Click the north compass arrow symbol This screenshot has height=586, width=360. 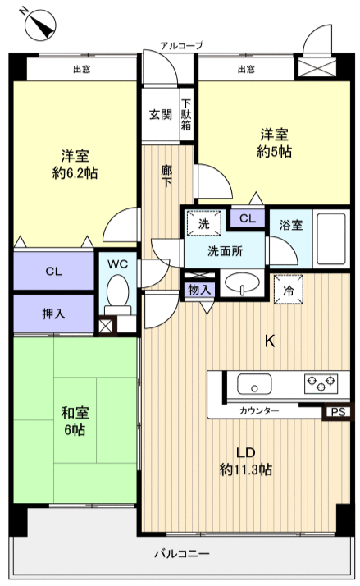click(x=36, y=24)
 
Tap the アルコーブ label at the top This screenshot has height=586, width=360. click(x=181, y=46)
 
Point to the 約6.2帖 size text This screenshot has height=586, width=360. click(x=73, y=172)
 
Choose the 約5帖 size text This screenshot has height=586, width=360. click(x=276, y=152)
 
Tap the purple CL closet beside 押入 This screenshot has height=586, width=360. click(x=53, y=272)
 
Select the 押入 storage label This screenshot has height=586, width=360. click(x=52, y=314)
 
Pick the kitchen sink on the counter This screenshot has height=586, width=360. click(x=254, y=383)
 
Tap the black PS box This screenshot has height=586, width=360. click(x=336, y=413)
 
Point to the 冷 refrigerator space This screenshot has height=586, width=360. click(x=288, y=290)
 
